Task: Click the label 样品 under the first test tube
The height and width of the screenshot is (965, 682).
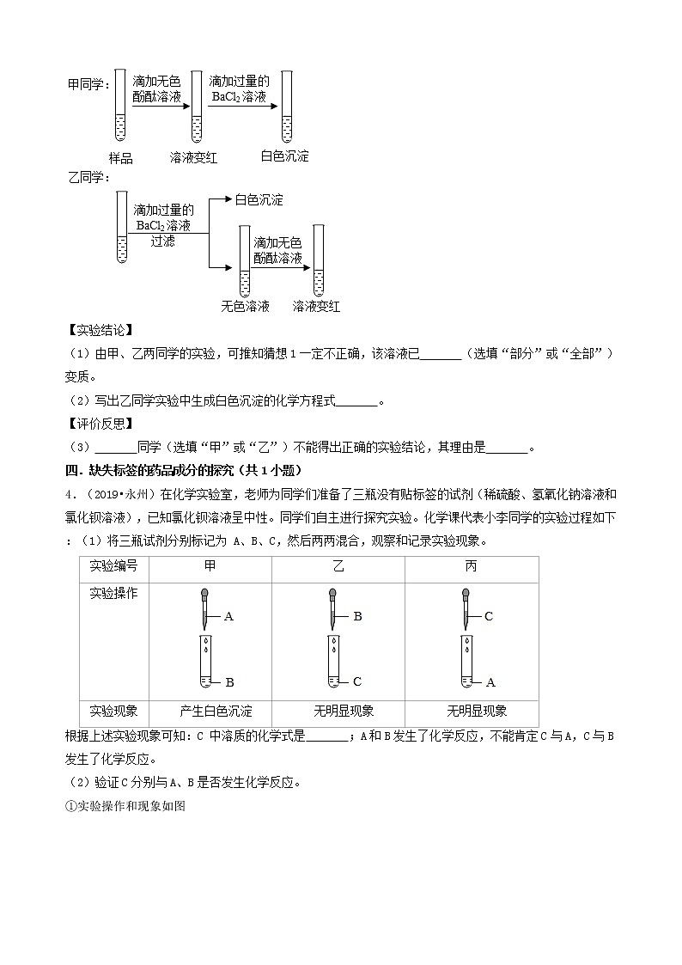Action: click(120, 158)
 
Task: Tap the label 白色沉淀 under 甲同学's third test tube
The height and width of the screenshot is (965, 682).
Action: click(284, 156)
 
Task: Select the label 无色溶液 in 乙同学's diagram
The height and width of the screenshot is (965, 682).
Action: click(245, 306)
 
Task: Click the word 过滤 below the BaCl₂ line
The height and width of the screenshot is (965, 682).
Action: click(162, 241)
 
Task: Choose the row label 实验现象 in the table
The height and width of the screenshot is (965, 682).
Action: click(113, 712)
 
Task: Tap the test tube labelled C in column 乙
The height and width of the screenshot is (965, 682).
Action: click(332, 662)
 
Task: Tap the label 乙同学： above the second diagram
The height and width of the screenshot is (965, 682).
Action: click(89, 177)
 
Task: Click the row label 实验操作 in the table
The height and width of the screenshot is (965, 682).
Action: click(113, 593)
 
